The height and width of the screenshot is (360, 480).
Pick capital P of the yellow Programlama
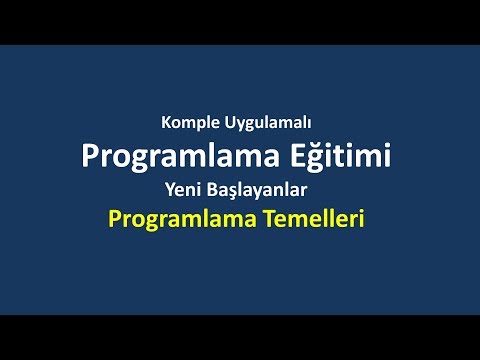click(x=120, y=217)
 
